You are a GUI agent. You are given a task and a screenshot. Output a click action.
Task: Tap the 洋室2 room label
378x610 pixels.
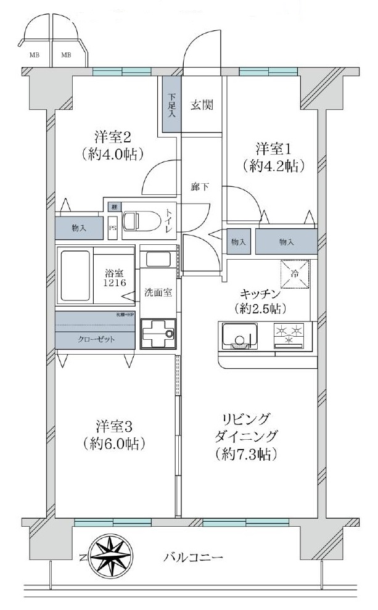[112, 137]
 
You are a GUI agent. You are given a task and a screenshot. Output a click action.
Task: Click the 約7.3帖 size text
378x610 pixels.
[246, 455]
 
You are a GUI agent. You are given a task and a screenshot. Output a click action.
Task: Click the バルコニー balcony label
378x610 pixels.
[193, 558]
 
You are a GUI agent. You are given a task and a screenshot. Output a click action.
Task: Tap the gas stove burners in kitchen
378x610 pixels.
[290, 335]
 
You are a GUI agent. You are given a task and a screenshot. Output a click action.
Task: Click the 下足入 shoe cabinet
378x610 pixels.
[171, 105]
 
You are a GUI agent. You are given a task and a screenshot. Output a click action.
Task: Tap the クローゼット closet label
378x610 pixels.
[96, 339]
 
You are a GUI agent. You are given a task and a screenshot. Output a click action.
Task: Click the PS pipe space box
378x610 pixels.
[113, 227]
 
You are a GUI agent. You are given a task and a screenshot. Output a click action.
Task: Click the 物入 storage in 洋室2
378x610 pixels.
[80, 228]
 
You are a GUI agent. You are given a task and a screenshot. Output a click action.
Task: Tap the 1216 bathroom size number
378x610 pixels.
[115, 282]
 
